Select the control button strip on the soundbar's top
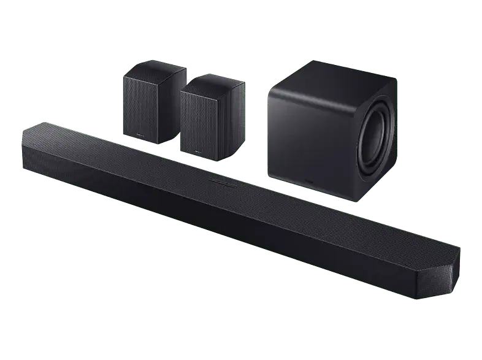223,182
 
